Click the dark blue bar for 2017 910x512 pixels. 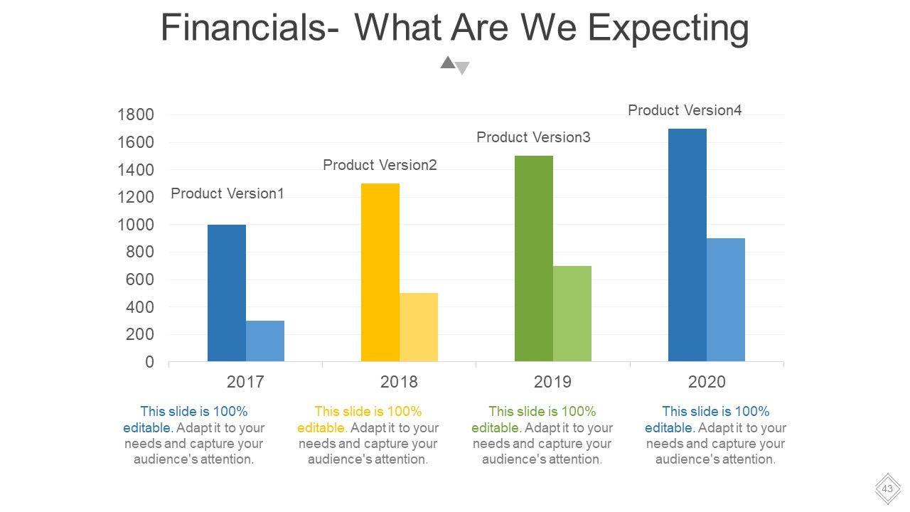(x=227, y=293)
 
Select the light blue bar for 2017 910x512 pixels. (x=265, y=341)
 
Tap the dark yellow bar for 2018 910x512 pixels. (x=380, y=272)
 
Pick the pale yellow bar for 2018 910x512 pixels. (x=419, y=327)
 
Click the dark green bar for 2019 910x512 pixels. (x=534, y=259)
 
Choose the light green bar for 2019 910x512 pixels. (x=572, y=314)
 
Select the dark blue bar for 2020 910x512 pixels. (x=687, y=245)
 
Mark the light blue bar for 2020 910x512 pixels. (x=726, y=300)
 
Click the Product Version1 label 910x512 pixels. (x=227, y=193)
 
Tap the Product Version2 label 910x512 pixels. (x=380, y=165)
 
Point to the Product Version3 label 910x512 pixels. (x=533, y=137)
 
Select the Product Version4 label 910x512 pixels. (x=685, y=110)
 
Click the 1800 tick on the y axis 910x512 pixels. (x=135, y=115)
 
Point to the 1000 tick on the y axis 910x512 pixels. (x=135, y=225)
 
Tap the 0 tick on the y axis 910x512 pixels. (x=149, y=362)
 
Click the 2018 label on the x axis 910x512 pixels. (x=399, y=382)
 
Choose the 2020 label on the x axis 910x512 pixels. (x=707, y=382)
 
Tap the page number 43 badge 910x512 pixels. (x=887, y=489)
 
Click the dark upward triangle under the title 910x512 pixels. (x=447, y=63)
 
